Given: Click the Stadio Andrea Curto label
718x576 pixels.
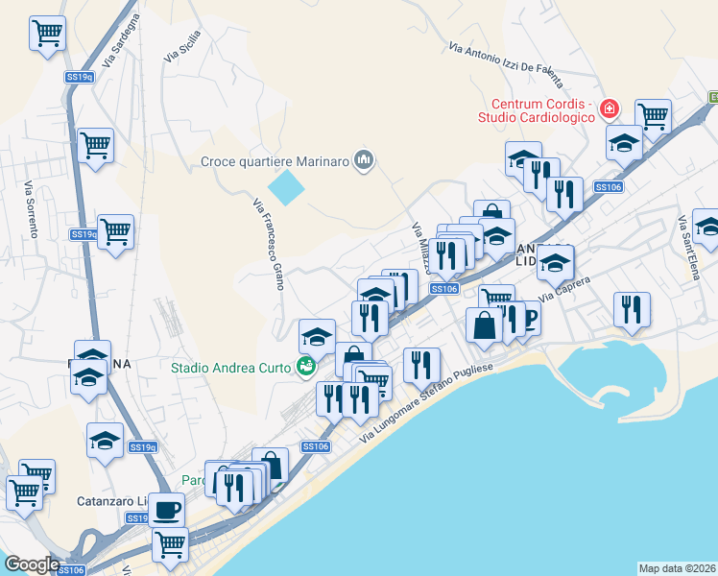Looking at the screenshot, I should coord(231,367).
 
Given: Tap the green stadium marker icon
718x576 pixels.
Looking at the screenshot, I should coord(306,366).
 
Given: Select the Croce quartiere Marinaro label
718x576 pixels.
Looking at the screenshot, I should coord(274,160).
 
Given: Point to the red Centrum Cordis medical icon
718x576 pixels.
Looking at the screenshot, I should coord(609,109).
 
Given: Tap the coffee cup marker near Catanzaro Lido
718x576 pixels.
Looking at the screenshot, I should coord(167,508).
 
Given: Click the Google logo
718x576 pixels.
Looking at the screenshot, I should coord(31,564).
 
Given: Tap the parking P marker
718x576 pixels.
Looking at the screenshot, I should coord(528,318).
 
